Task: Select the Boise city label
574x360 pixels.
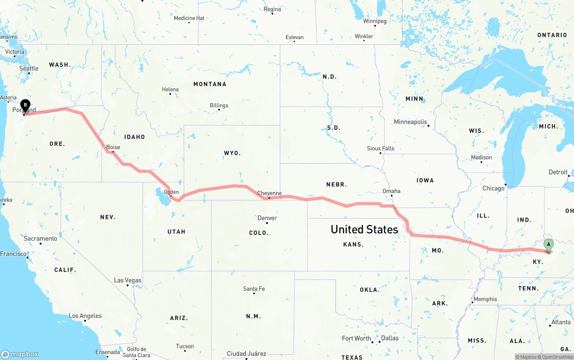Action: [113, 147]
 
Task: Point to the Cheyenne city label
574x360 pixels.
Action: [270, 193]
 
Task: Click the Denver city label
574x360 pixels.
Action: [267, 218]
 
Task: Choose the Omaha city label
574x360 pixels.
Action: [391, 191]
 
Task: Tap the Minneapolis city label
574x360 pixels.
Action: [410, 122]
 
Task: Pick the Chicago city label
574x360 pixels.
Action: [493, 188]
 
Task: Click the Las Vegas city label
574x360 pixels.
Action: [127, 280]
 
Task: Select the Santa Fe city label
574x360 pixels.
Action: [254, 289]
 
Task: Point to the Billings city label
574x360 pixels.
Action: [219, 105]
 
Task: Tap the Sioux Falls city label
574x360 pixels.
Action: [381, 148]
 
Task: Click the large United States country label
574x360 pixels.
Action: [364, 230]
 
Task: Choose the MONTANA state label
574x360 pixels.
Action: [210, 84]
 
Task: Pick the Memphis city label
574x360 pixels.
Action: [485, 299]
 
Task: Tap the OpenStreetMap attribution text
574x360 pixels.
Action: [556, 357]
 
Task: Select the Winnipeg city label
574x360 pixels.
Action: [374, 21]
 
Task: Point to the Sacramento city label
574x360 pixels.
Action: [40, 239]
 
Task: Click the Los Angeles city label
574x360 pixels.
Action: [85, 316]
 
